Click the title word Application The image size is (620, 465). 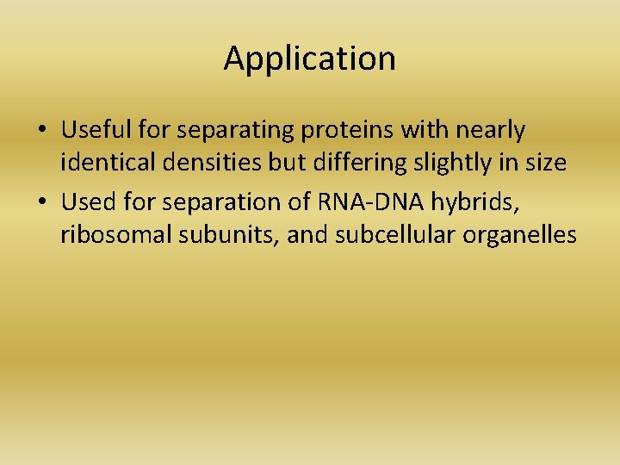[x=309, y=59]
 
